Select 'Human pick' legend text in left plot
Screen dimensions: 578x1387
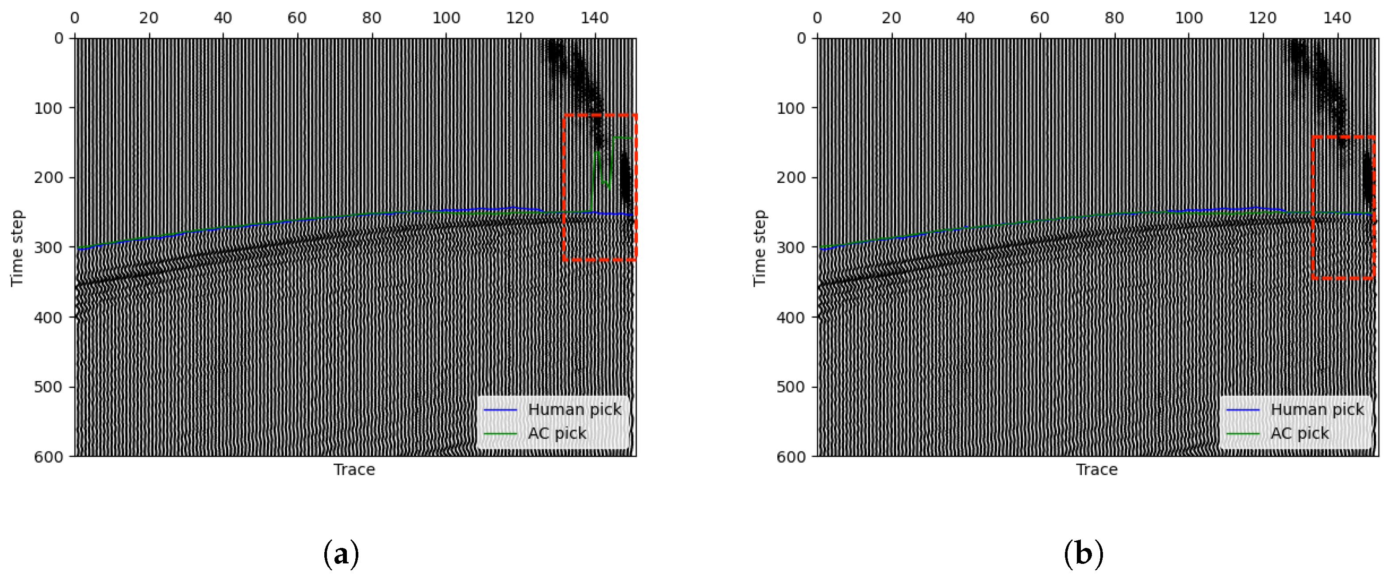pyautogui.click(x=575, y=410)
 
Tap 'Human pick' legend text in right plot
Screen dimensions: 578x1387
pyautogui.click(x=1317, y=410)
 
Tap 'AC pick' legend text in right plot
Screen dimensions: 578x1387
pyautogui.click(x=1299, y=434)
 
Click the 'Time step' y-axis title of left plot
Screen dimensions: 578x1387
pyautogui.click(x=17, y=248)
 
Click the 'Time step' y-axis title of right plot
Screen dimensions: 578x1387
pyautogui.click(x=759, y=248)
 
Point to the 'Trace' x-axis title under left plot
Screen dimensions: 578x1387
pyautogui.click(x=354, y=470)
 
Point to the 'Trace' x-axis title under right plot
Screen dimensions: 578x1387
pyautogui.click(x=1097, y=470)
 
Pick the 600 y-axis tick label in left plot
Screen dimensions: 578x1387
pyautogui.click(x=49, y=457)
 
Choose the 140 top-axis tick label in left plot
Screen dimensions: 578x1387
pyautogui.click(x=595, y=18)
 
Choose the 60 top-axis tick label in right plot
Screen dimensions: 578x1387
pyautogui.click(x=1040, y=18)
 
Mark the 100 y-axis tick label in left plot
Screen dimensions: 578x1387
pyautogui.click(x=49, y=108)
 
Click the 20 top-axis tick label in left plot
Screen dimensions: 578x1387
pyautogui.click(x=149, y=18)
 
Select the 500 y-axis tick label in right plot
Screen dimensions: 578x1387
pyautogui.click(x=791, y=387)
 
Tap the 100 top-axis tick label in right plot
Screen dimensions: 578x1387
pyautogui.click(x=1188, y=18)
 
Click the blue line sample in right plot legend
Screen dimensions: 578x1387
pyautogui.click(x=1243, y=410)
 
